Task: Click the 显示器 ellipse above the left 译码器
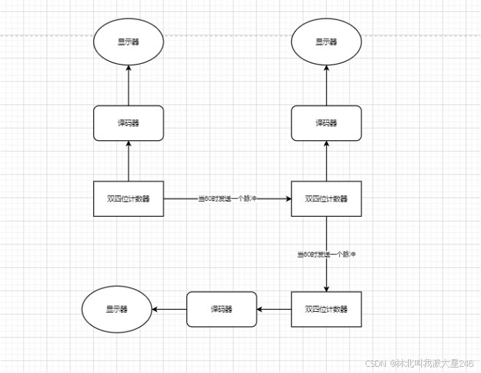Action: (x=129, y=42)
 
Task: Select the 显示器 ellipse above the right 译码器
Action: (x=326, y=42)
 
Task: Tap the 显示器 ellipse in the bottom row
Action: (x=117, y=310)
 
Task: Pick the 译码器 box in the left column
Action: (x=129, y=123)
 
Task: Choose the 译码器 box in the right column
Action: (x=326, y=123)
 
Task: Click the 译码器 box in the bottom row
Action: (x=221, y=309)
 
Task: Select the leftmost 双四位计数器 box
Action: (x=129, y=199)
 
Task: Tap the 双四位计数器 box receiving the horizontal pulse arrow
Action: (x=326, y=199)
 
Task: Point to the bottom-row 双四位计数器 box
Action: (x=326, y=309)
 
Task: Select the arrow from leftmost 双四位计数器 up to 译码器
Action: (x=129, y=160)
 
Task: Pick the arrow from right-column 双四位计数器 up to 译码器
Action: (x=326, y=160)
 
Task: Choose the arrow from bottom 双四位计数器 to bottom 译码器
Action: (x=274, y=309)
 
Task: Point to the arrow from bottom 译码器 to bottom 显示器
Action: (x=169, y=309)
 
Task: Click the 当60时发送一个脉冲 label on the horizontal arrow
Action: (x=227, y=199)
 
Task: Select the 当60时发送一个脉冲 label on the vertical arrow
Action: (x=326, y=255)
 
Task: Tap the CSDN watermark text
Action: (x=419, y=363)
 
